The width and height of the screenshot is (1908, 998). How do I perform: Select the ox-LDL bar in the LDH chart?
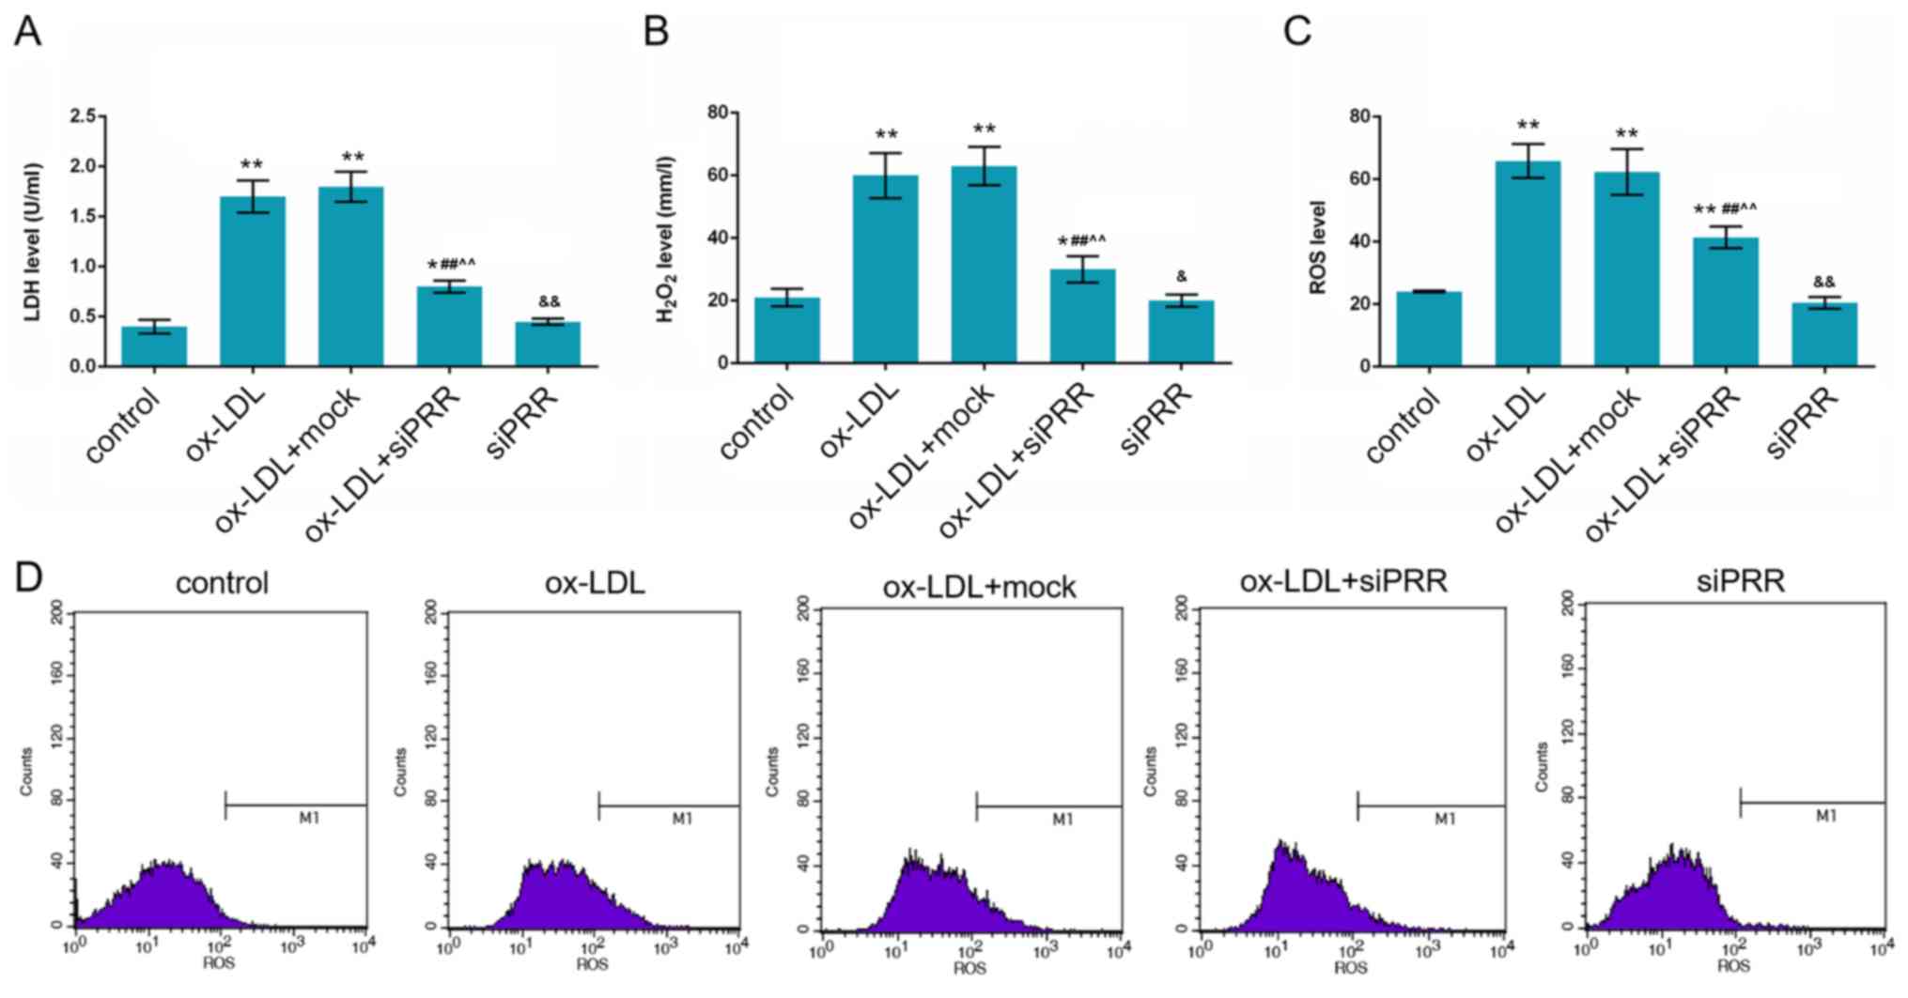click(252, 282)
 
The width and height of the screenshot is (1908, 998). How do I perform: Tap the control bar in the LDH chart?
click(154, 345)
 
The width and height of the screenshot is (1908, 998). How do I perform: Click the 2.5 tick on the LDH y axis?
click(83, 116)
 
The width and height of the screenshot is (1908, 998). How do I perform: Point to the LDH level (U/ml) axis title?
click(33, 241)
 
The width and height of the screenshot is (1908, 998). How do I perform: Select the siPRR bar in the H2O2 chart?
click(1181, 331)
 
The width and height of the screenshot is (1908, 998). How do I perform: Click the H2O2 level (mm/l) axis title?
click(665, 239)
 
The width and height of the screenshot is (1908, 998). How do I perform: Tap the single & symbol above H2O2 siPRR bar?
click(1181, 277)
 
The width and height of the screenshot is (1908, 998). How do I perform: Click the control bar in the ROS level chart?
click(1429, 329)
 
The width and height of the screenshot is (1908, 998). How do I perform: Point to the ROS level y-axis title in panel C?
click(1317, 248)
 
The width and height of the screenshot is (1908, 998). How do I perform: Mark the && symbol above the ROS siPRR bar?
click(1823, 282)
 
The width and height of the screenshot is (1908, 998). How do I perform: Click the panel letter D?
click(28, 576)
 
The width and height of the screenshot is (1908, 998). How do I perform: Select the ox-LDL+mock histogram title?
click(979, 588)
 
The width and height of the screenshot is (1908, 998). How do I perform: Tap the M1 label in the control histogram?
click(309, 819)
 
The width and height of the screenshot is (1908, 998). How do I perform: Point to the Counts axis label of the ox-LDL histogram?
click(401, 772)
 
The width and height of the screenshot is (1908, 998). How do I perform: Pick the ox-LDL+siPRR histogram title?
click(1343, 582)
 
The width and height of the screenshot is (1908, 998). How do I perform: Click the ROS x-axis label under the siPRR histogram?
click(1733, 966)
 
